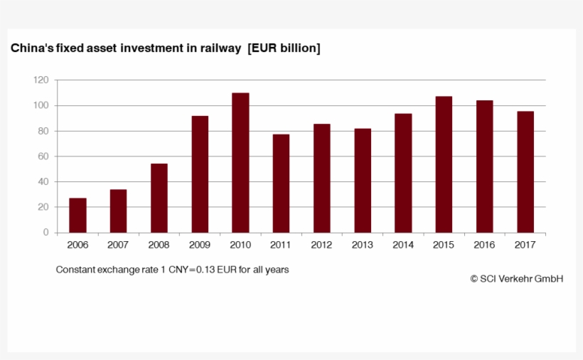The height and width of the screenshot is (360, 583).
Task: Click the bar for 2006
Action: click(x=77, y=215)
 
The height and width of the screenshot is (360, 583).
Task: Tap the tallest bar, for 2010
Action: click(x=240, y=163)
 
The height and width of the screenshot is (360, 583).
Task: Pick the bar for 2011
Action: click(x=281, y=183)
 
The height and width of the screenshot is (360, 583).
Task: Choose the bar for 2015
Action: click(x=444, y=164)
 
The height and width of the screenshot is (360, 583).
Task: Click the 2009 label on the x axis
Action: click(x=200, y=245)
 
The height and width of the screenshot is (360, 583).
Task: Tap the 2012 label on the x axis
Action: click(x=322, y=245)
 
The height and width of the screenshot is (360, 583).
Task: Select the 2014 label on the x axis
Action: click(x=403, y=245)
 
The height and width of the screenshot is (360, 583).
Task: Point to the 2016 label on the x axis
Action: click(x=485, y=245)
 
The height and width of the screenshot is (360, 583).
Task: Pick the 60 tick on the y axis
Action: click(x=43, y=157)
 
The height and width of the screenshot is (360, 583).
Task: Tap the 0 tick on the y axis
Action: click(x=46, y=233)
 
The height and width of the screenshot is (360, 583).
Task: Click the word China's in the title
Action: click(x=31, y=48)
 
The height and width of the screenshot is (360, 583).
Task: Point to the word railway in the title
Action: click(x=221, y=48)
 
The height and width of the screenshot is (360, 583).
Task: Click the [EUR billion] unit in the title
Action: click(x=284, y=48)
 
